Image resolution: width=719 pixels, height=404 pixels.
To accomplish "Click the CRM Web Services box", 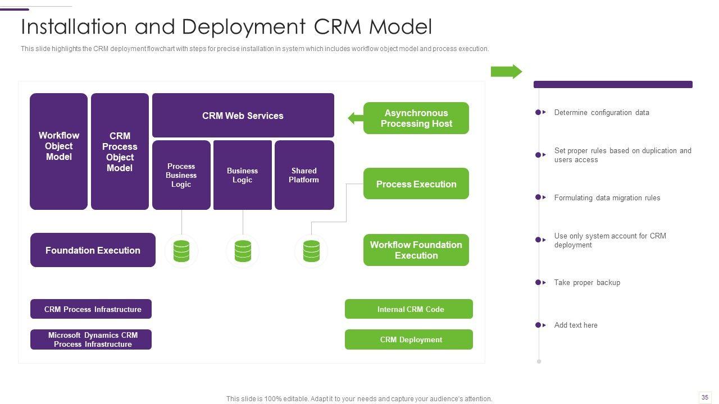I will pos(243,116).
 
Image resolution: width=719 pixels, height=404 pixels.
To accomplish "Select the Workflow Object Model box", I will pos(58,151).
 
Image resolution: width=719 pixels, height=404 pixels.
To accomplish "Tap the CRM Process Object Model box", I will pos(120,151).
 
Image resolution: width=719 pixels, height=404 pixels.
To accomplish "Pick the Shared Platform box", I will pos(304,175).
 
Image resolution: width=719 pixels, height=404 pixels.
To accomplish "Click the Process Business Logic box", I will pos(181,175).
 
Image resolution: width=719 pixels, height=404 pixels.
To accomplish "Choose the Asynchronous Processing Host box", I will pos(416,118).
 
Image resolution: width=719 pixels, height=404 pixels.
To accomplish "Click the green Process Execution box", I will pos(416,184).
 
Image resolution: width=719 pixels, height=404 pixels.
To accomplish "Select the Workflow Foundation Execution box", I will pos(416,250).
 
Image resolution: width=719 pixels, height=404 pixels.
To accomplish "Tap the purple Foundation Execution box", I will pos(93,250).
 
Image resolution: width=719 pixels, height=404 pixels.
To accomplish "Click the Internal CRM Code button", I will pos(409,309).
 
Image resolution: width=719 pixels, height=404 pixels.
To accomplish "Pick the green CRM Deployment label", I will pos(409,339).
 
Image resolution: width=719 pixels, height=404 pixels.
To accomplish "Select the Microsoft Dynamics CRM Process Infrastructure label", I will pos(91,339).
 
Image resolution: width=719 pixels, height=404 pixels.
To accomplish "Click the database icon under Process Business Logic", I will pos(181,251).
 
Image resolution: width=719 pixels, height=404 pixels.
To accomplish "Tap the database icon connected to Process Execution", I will pos(311,251).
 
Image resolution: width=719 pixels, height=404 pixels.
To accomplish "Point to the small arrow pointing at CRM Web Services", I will pos(356,118).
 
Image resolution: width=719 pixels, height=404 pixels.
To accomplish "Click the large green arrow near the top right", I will pos(506,72).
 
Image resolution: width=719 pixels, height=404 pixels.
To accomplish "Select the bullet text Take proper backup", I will pos(587,283).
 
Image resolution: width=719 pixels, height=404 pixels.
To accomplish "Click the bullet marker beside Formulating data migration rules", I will pos(539,198).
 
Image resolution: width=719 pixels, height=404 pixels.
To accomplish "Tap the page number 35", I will pos(705,397).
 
